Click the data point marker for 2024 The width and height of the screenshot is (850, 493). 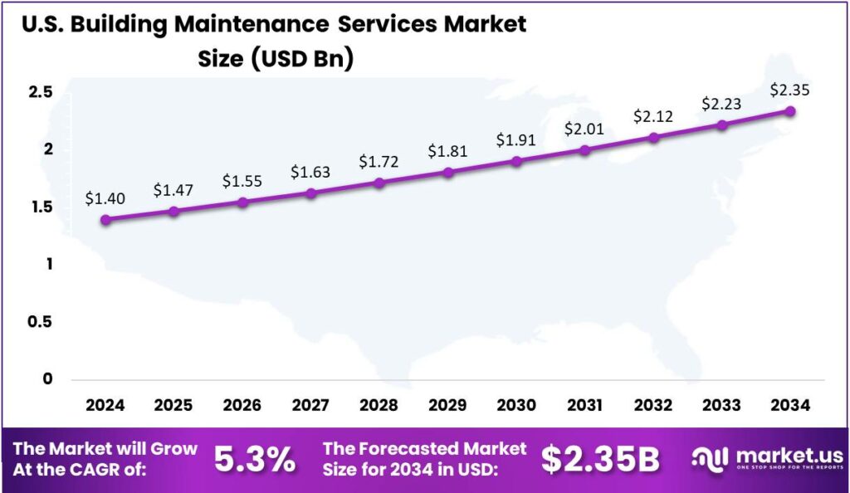click(105, 220)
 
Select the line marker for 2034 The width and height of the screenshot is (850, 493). click(790, 111)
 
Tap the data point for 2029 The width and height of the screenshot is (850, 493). click(448, 173)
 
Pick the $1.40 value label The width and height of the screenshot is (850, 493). click(105, 199)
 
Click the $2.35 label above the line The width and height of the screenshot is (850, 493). click(789, 90)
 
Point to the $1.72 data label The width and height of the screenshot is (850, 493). click(379, 161)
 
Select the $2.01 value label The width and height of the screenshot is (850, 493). click(585, 129)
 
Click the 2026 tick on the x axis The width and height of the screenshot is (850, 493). click(242, 405)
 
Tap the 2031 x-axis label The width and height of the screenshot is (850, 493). click(585, 405)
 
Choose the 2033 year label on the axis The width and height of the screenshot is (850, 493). click(722, 405)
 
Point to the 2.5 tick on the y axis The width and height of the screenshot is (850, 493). click(41, 90)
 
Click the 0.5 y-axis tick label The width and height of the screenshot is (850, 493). click(41, 321)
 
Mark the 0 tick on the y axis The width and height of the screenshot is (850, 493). click(47, 379)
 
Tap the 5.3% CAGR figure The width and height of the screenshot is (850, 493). click(255, 459)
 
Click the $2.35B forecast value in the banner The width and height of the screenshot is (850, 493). click(600, 459)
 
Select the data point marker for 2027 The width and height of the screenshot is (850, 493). click(311, 193)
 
